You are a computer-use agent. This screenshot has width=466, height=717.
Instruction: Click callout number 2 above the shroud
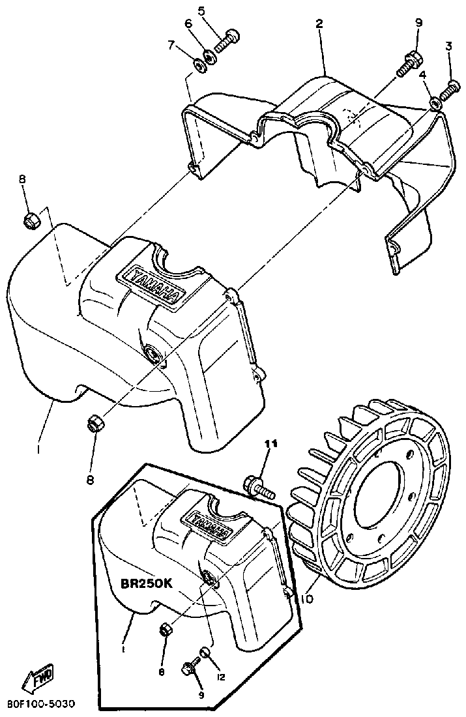[319, 23]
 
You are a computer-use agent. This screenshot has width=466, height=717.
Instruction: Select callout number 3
[448, 46]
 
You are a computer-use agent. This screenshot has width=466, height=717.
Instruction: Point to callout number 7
[171, 44]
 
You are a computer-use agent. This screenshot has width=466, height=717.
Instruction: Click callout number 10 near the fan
[308, 598]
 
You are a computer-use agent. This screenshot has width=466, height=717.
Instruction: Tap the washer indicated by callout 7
[199, 65]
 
